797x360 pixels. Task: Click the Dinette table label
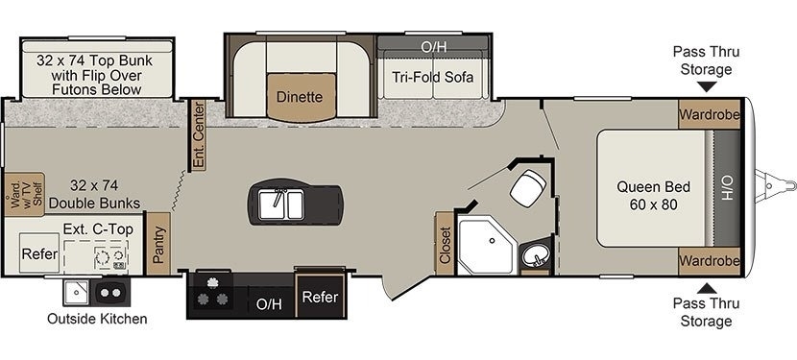point(300,97)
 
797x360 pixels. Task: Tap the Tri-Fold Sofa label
point(432,77)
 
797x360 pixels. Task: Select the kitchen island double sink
point(281,204)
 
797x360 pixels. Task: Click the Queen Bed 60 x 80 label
point(654,196)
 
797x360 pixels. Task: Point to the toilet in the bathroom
point(527,187)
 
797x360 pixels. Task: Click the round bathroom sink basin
point(535,253)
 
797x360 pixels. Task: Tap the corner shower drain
point(492,241)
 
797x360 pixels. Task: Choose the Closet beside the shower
point(445,244)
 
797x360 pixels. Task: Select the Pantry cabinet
point(159,244)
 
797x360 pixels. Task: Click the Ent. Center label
point(198,134)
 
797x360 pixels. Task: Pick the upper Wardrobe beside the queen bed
point(709,114)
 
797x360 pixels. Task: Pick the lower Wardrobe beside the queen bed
point(709,261)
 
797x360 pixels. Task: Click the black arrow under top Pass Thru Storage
point(706,87)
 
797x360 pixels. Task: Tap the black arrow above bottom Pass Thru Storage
point(706,288)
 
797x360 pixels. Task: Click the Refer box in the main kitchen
point(320,297)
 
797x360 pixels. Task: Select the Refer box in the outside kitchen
point(39,253)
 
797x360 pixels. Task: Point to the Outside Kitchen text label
point(97,319)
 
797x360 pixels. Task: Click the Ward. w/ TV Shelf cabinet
point(24,194)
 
